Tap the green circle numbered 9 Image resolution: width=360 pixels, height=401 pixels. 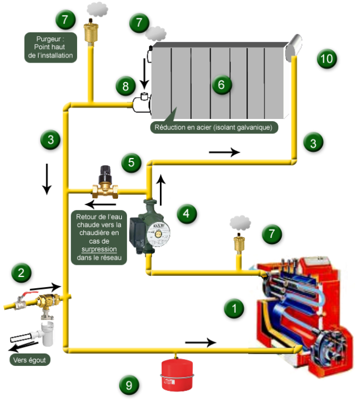(129, 384)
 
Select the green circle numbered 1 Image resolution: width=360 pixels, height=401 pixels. (234, 308)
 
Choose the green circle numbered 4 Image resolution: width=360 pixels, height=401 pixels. (187, 213)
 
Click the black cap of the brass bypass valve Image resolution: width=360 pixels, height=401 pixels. (105, 172)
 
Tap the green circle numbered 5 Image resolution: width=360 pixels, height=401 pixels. (131, 163)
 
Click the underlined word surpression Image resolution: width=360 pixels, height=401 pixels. (100, 250)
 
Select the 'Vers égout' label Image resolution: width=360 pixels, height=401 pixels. (30, 360)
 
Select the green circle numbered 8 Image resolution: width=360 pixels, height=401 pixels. (126, 86)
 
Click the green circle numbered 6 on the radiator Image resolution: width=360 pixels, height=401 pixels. (221, 84)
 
